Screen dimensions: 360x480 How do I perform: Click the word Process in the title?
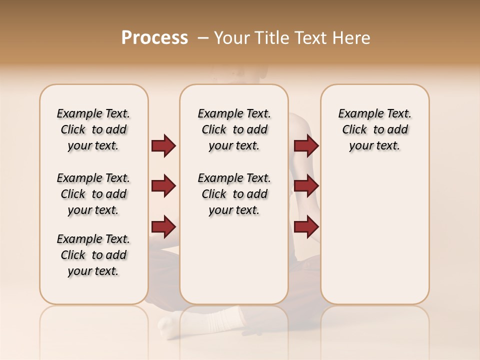pos(154,38)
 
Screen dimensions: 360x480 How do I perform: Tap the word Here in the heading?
pos(352,38)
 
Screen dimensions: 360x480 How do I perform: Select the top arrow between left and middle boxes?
pos(163,145)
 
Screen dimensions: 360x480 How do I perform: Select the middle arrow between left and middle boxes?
pos(163,186)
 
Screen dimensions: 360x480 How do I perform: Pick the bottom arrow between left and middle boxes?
pos(163,226)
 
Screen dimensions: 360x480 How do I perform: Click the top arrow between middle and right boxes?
pos(306,145)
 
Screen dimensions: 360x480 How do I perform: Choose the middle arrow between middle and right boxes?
pos(306,186)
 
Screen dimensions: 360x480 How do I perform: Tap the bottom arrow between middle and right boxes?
pos(306,226)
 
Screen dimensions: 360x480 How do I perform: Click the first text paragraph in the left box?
pos(93,129)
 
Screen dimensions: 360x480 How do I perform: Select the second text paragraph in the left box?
pos(93,194)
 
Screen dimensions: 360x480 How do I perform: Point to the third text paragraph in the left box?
pos(93,255)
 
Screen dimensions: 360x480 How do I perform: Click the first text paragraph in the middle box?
pos(234,129)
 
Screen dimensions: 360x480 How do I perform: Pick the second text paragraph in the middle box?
pos(234,194)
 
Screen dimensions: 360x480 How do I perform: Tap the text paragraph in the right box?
pos(375,129)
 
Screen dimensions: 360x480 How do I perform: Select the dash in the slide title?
pos(203,38)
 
